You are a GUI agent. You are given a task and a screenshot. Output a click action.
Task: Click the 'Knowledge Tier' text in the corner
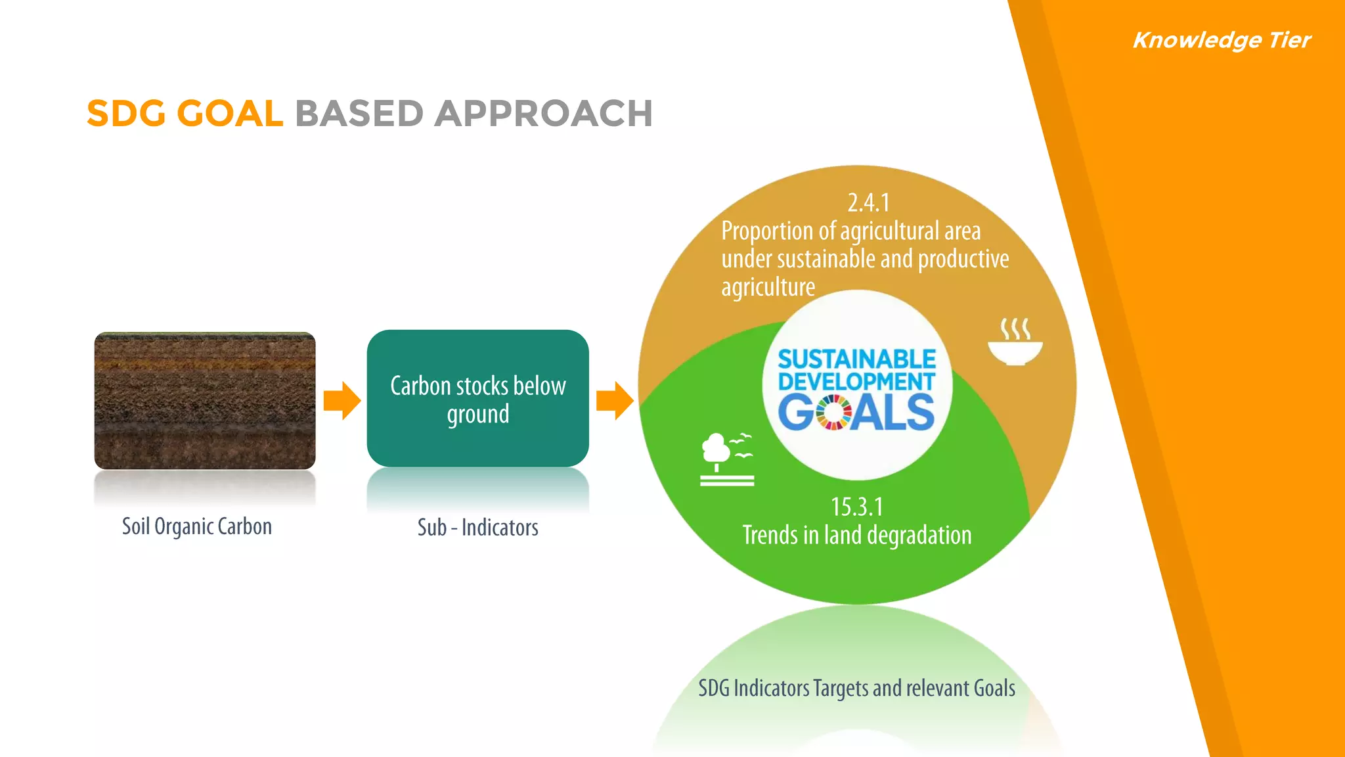(1222, 40)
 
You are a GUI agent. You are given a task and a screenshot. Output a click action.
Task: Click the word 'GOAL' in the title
(230, 114)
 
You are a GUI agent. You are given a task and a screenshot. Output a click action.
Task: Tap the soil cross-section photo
(205, 400)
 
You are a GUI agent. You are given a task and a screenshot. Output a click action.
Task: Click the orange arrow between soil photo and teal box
(342, 400)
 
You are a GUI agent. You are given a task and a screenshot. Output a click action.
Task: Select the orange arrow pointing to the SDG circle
(615, 400)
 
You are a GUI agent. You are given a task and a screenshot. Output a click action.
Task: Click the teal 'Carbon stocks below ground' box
(477, 399)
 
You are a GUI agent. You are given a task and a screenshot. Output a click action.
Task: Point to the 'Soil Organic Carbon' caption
(196, 526)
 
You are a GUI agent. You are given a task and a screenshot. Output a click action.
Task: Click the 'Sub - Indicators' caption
(477, 527)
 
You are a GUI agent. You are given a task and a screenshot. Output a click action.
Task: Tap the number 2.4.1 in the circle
(868, 202)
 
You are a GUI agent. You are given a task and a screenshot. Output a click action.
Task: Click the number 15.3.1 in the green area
(856, 507)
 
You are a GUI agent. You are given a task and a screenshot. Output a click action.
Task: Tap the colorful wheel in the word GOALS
(833, 412)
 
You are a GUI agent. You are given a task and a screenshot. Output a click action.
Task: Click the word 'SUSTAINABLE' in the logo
(856, 359)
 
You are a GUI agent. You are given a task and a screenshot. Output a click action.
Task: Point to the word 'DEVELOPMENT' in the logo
(856, 381)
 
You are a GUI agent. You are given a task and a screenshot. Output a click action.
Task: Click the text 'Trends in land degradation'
(856, 535)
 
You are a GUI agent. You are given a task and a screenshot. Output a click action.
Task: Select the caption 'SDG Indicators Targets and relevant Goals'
(856, 688)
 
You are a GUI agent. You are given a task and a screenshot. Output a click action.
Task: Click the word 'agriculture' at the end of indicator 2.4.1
(768, 287)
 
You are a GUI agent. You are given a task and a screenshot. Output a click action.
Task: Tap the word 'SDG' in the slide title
(126, 114)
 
